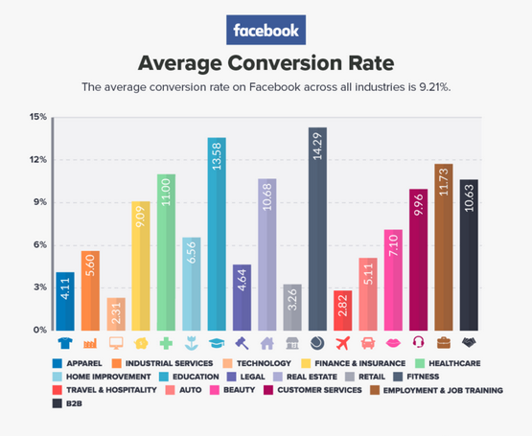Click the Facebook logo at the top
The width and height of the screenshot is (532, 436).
(266, 30)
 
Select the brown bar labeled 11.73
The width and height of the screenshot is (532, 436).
(443, 246)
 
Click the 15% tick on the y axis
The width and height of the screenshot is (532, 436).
(38, 117)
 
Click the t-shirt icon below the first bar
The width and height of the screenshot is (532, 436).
(65, 343)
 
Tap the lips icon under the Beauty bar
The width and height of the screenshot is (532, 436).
(393, 343)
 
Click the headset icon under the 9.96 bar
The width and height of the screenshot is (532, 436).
(418, 343)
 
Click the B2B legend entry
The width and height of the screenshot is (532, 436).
(72, 403)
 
